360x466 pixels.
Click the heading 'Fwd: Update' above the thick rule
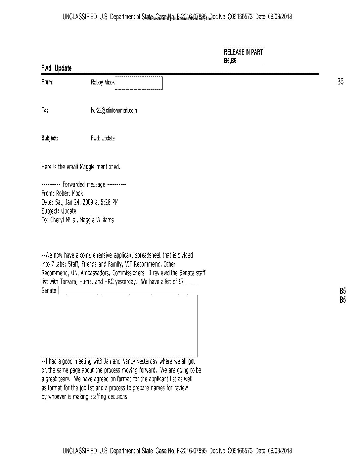(x=56, y=68)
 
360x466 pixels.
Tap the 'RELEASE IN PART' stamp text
(x=243, y=52)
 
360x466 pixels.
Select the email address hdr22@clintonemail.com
(x=113, y=111)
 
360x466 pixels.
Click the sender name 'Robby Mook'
(x=103, y=82)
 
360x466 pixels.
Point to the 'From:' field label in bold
(x=47, y=82)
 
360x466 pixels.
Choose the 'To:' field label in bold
(x=45, y=111)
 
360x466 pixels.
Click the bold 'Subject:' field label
(x=50, y=138)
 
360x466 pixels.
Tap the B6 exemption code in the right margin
(x=340, y=82)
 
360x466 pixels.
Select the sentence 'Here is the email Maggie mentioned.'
(x=81, y=167)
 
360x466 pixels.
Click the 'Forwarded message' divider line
(x=84, y=184)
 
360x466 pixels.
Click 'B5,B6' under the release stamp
(x=230, y=61)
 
